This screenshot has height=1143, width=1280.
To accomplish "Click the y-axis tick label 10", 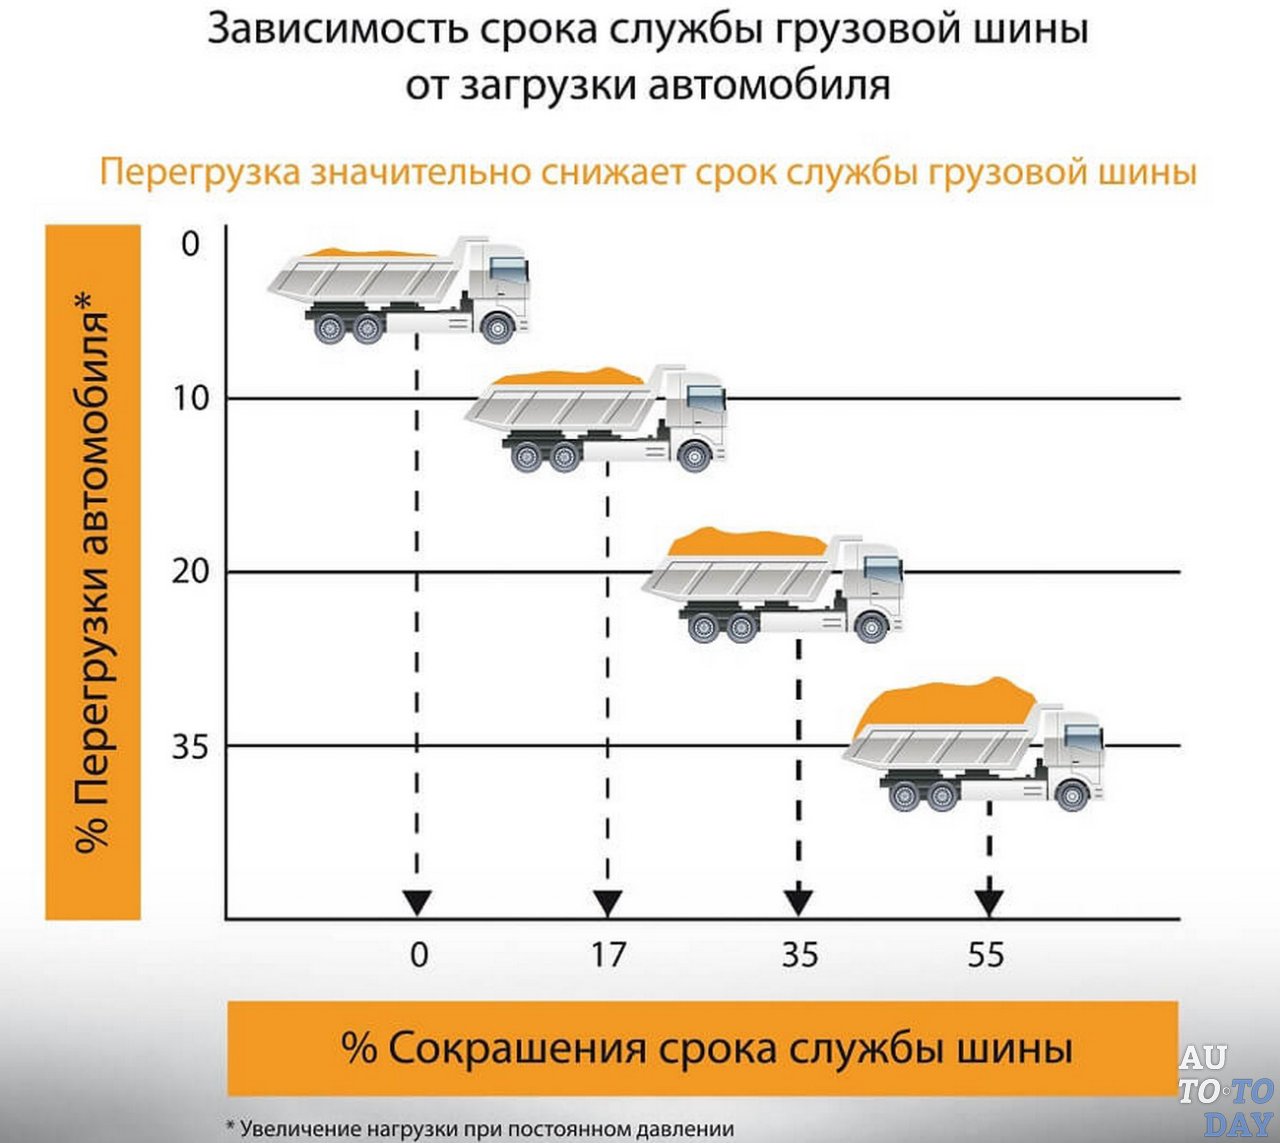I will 191,398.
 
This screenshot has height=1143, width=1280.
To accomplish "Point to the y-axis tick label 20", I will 191,572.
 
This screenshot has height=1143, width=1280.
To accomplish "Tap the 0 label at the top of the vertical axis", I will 191,243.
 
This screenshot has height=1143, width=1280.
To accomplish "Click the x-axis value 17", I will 607,954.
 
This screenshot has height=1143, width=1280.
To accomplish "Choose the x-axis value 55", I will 985,954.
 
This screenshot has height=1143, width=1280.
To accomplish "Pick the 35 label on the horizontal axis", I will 799,954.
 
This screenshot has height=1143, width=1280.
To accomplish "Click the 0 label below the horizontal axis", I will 419,954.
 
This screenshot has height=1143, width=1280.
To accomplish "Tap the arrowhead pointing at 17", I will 607,903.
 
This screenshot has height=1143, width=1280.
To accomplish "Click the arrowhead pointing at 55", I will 988,903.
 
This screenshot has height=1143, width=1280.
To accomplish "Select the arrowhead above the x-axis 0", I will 417,903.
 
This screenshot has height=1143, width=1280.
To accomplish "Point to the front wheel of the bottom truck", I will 1071,795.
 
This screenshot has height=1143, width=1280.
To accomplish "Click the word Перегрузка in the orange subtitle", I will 200,172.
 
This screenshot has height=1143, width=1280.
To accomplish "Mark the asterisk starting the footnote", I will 231,1127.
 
